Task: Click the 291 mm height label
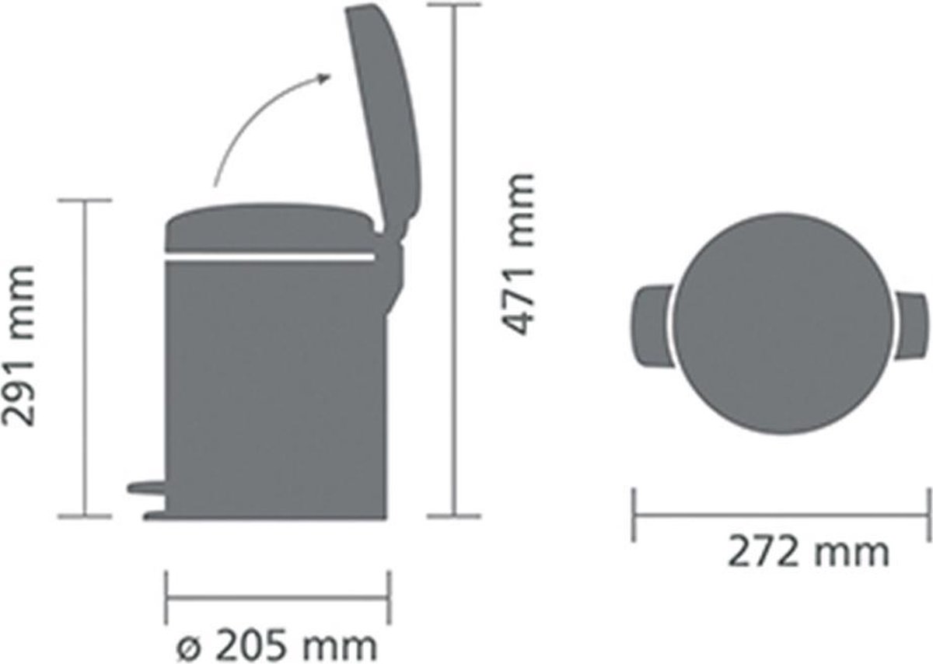pyautogui.click(x=18, y=346)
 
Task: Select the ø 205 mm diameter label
pyautogui.click(x=277, y=646)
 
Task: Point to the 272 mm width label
pyautogui.click(x=808, y=552)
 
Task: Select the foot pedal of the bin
pyautogui.click(x=147, y=487)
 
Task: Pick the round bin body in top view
pyautogui.click(x=784, y=325)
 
